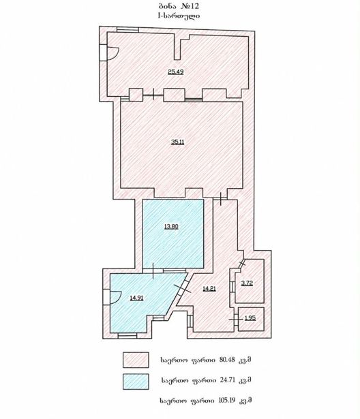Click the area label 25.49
[175, 72]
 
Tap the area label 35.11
[177, 142]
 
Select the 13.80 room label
[171, 227]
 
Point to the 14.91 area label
[136, 298]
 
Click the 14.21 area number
[209, 289]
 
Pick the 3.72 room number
[247, 283]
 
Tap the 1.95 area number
[250, 318]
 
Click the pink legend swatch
[136, 360]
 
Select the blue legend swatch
[136, 382]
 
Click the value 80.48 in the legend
[227, 360]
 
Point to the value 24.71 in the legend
[228, 379]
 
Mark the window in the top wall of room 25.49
[128, 29]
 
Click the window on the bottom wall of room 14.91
[127, 336]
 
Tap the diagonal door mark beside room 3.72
[242, 264]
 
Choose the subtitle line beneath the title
[179, 16]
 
